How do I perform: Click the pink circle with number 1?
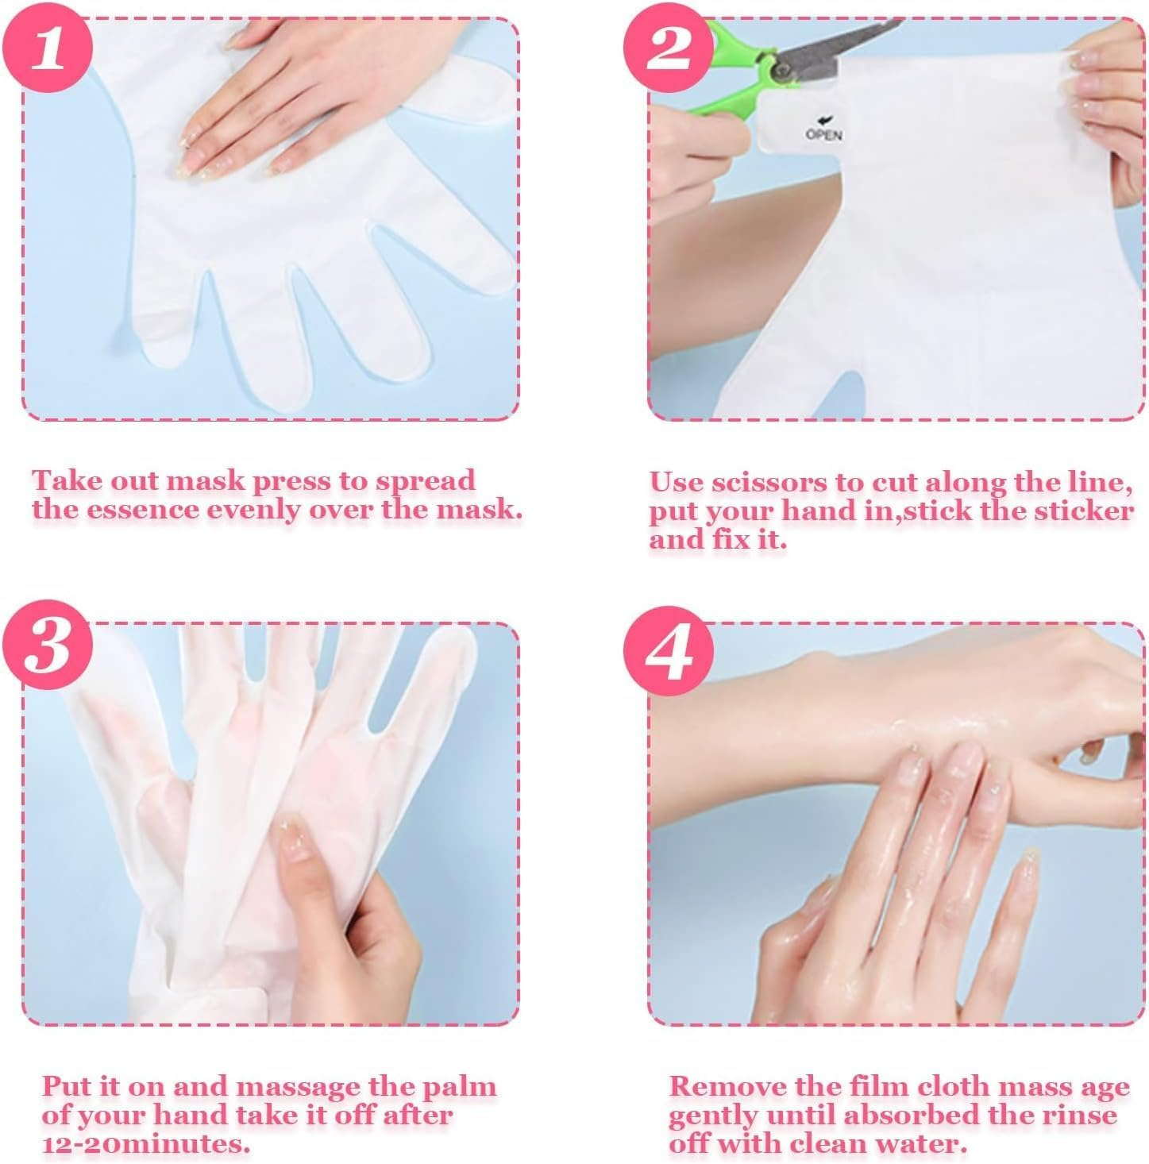(x=47, y=48)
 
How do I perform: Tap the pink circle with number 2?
(x=668, y=48)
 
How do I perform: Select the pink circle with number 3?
(x=47, y=646)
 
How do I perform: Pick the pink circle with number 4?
(x=668, y=651)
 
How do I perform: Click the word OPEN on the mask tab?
(x=823, y=134)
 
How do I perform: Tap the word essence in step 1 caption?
(x=142, y=511)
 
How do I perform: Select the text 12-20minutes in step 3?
(x=145, y=1144)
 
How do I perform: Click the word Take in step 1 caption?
(x=67, y=481)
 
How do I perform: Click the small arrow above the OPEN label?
(x=822, y=121)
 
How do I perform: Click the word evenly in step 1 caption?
(x=254, y=511)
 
